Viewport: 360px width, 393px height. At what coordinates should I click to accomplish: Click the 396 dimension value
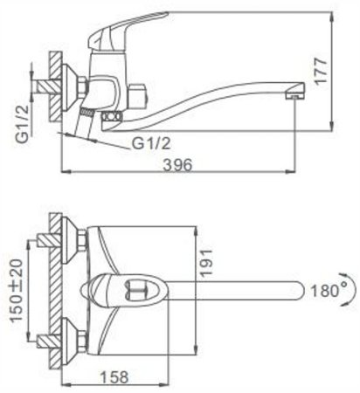pyautogui.click(x=177, y=165)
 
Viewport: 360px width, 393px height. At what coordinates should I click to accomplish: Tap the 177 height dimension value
pyautogui.click(x=322, y=72)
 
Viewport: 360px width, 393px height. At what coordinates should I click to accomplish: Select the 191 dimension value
pyautogui.click(x=206, y=263)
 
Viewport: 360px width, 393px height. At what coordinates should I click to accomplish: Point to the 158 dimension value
pyautogui.click(x=114, y=377)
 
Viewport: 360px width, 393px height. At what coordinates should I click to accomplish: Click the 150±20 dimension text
pyautogui.click(x=17, y=290)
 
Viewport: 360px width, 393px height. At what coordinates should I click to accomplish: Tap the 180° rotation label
pyautogui.click(x=329, y=291)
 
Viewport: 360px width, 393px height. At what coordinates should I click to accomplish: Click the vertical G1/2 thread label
pyautogui.click(x=23, y=124)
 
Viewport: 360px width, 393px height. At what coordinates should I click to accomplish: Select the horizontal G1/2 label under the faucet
pyautogui.click(x=151, y=143)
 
